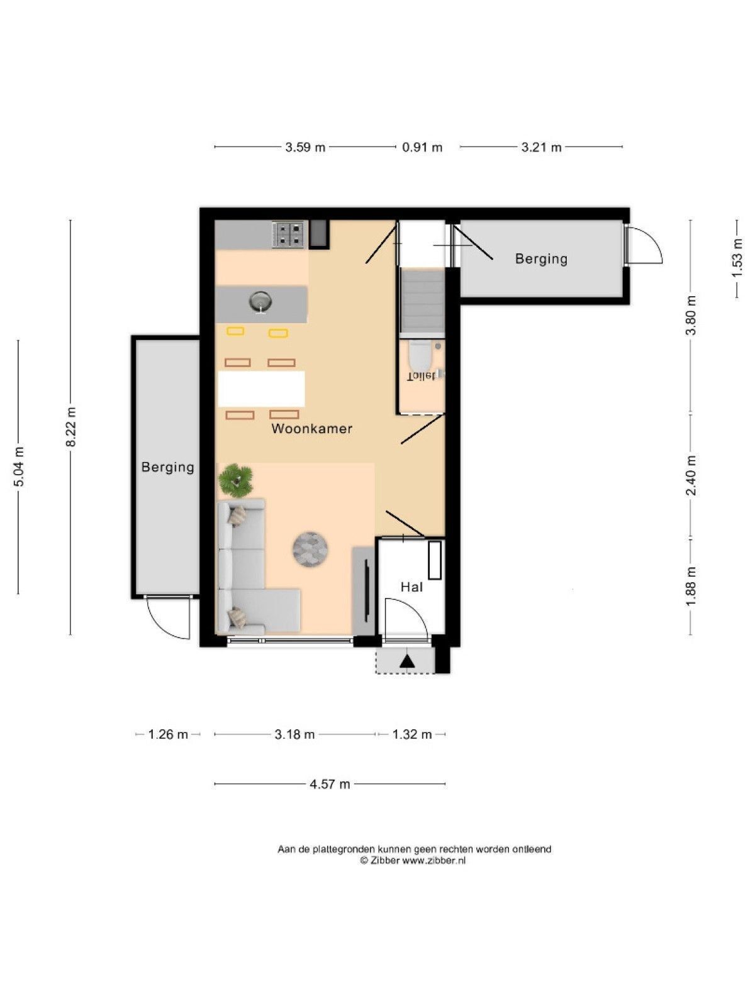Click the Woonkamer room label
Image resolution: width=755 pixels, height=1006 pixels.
(x=311, y=429)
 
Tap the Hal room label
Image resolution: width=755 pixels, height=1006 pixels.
(x=411, y=587)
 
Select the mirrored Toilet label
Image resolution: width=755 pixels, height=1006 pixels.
(x=421, y=376)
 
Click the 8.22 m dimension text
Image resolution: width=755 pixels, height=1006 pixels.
(x=70, y=427)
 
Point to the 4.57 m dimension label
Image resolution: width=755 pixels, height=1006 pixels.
(x=330, y=784)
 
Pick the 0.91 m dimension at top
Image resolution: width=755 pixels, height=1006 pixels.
(x=422, y=147)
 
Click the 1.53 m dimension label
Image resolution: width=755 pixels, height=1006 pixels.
(x=737, y=258)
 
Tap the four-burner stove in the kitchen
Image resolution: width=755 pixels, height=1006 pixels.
(x=288, y=235)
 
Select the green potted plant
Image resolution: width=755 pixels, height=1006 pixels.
(x=235, y=480)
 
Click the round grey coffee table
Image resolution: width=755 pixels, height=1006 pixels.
(x=310, y=549)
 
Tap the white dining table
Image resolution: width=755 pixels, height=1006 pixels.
(x=261, y=389)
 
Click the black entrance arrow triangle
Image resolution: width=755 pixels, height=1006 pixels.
(x=407, y=662)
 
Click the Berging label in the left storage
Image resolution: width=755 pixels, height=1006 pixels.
(x=168, y=468)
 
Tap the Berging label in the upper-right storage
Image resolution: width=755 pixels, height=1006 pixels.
(x=541, y=259)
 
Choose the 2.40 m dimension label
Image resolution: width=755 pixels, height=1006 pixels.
(x=691, y=475)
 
